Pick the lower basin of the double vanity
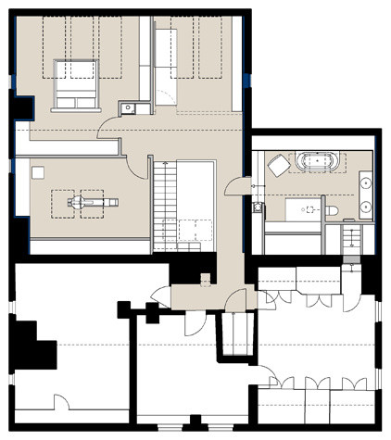[367, 207]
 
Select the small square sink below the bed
[127, 108]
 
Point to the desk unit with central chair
[84, 199]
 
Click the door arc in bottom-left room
[66, 404]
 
